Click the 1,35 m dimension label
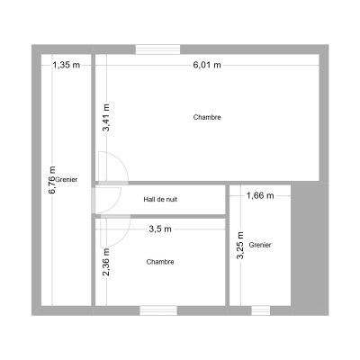67,65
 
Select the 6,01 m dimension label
207,65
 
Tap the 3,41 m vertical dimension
106,118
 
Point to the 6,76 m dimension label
52,180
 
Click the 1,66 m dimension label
260,195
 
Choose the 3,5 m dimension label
160,229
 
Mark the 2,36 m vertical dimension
106,262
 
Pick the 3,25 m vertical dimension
240,246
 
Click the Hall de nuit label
160,199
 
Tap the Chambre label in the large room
207,117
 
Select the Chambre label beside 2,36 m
160,262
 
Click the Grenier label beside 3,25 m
260,245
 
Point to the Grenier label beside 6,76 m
67,180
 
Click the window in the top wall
157,49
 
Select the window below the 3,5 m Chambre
158,310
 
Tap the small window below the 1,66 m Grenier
261,310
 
